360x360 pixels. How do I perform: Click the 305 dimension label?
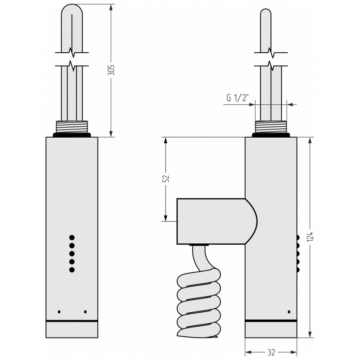coord(111,70)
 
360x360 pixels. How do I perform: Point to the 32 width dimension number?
coord(271,352)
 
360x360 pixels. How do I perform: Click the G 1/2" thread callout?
coord(238,98)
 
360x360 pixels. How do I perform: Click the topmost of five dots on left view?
coord(72,238)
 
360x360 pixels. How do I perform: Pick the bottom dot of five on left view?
coord(72,270)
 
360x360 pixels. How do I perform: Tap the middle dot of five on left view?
coord(72,254)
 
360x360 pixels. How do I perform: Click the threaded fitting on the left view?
coord(72,127)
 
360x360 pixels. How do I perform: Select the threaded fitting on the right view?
coord(271,127)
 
